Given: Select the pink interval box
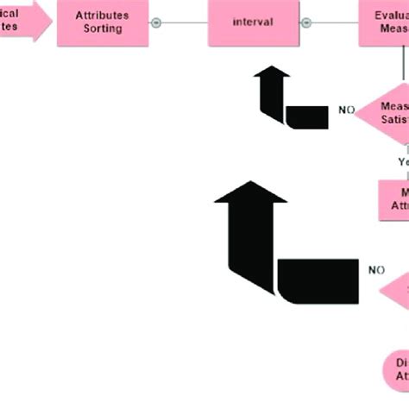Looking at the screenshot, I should pos(255,22).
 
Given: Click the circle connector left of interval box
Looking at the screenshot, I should pos(156,22).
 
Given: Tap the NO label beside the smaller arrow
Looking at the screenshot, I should pos(346,110).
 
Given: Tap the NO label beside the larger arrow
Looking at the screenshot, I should pos(376,270).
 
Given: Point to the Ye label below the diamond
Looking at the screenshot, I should pos(403,161).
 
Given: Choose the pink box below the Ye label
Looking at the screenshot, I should pos(394,200).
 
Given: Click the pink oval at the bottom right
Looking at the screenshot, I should pos(396,370).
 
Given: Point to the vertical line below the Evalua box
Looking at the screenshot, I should pos(401,65).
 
